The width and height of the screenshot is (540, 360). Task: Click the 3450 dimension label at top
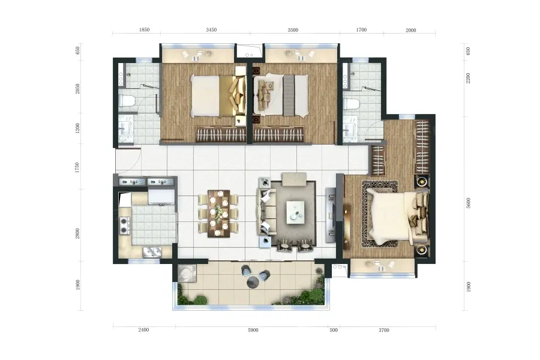tap(211, 29)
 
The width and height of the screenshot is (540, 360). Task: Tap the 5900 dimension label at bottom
tap(253, 330)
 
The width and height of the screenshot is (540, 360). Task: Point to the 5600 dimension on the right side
tap(468, 203)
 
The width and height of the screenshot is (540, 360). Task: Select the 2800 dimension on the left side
tap(77, 233)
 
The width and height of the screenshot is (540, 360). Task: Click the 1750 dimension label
tap(77, 167)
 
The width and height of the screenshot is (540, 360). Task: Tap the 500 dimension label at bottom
tap(334, 330)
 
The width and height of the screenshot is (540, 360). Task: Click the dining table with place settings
tap(218, 214)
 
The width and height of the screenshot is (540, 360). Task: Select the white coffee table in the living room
tap(295, 212)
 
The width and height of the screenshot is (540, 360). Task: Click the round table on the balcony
tap(253, 282)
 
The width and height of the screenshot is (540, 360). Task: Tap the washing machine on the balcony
tap(187, 274)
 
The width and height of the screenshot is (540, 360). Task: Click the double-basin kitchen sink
tap(152, 252)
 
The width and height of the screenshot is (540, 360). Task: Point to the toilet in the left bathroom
tap(127, 101)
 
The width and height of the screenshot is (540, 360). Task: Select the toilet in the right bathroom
tap(351, 104)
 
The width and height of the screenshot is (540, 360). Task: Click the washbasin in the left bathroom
tap(125, 129)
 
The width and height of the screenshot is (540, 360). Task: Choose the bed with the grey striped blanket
tap(281, 95)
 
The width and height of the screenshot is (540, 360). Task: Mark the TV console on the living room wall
tap(331, 215)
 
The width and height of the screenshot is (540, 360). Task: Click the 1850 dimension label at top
tap(144, 29)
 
